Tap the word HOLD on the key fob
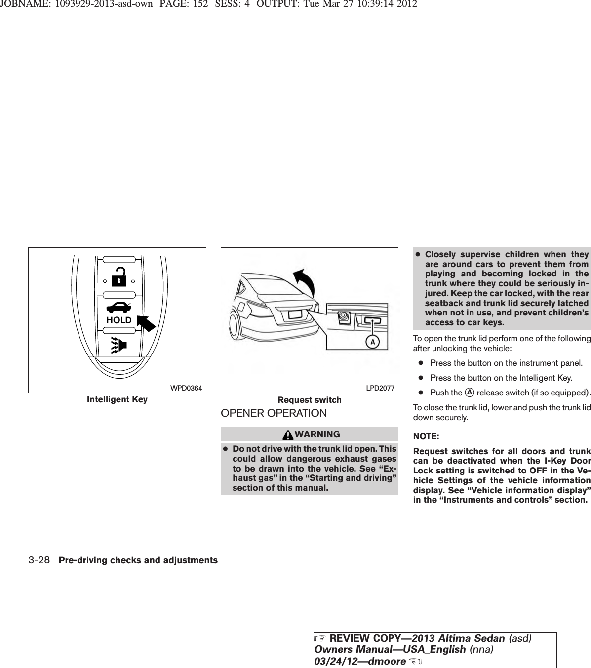119,320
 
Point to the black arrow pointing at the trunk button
146,322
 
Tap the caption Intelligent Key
117,399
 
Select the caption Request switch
310,400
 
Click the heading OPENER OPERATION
274,413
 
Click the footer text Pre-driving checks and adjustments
138,560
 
